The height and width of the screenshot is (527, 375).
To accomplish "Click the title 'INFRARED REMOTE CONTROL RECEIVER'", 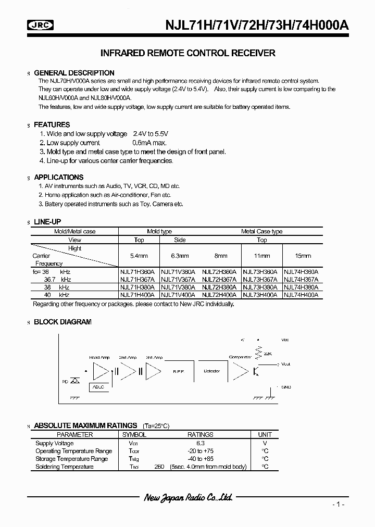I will pos(187,53).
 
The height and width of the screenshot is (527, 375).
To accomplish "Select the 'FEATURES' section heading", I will pos(52,125).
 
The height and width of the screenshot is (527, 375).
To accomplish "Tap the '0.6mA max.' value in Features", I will pos(151,143).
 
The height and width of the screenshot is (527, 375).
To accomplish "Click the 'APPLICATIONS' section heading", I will pos(58,177).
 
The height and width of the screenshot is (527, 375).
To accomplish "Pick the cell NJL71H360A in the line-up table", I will pos(139,272).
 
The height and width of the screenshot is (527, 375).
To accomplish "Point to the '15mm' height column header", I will pos(302,256).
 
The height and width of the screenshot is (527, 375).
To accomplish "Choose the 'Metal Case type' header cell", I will pos(261,232).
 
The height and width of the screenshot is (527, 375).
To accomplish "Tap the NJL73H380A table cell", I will pos(261,287).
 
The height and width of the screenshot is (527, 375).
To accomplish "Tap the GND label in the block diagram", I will pos(285,387).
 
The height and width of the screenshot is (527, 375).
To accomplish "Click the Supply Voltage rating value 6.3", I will pos(200,443).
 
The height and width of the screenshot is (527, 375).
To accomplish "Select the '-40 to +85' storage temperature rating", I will pos(200,459).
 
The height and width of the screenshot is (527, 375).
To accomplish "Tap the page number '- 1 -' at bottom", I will pos(338,505).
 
